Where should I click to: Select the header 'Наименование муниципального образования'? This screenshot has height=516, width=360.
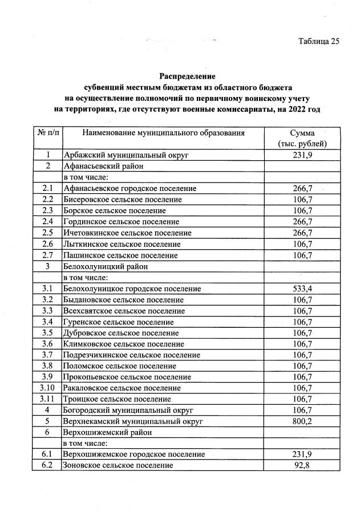[x=163, y=133]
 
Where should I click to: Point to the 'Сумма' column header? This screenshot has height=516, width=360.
[x=302, y=133]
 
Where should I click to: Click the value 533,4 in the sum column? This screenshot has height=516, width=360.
[x=302, y=289]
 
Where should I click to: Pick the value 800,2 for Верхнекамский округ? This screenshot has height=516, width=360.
[x=302, y=421]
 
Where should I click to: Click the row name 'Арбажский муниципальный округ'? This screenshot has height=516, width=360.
[x=126, y=155]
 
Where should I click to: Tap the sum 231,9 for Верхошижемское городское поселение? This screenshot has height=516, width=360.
[x=302, y=454]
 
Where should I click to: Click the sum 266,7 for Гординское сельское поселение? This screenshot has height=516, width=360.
[x=302, y=222]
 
